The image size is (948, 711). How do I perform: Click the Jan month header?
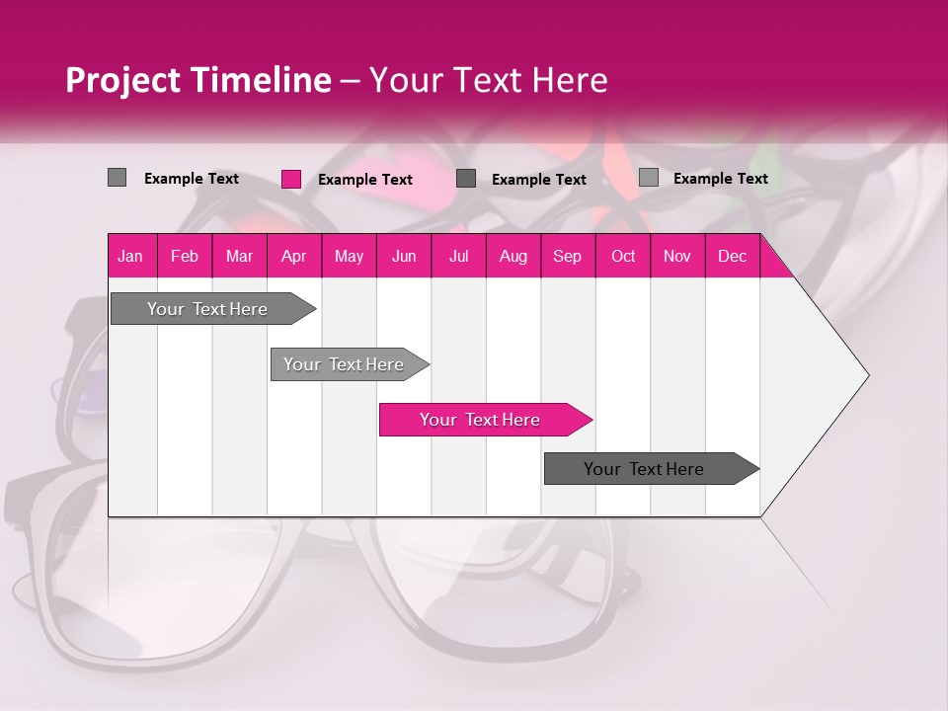(x=131, y=256)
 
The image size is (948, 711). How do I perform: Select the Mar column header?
(x=239, y=256)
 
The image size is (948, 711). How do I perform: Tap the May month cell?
(x=349, y=256)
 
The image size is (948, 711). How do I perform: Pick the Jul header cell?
(x=458, y=256)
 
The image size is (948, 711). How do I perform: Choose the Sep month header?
(x=568, y=256)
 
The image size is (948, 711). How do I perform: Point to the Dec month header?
(x=732, y=256)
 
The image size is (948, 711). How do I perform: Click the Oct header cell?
(x=623, y=256)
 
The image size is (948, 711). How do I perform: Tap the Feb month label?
(x=185, y=256)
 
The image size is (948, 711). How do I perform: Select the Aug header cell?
(x=513, y=256)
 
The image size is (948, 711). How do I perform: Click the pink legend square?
(x=291, y=179)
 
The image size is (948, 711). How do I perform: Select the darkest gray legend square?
(x=466, y=179)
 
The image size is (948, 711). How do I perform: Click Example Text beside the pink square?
(x=365, y=180)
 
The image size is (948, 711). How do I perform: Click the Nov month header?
(x=677, y=256)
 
